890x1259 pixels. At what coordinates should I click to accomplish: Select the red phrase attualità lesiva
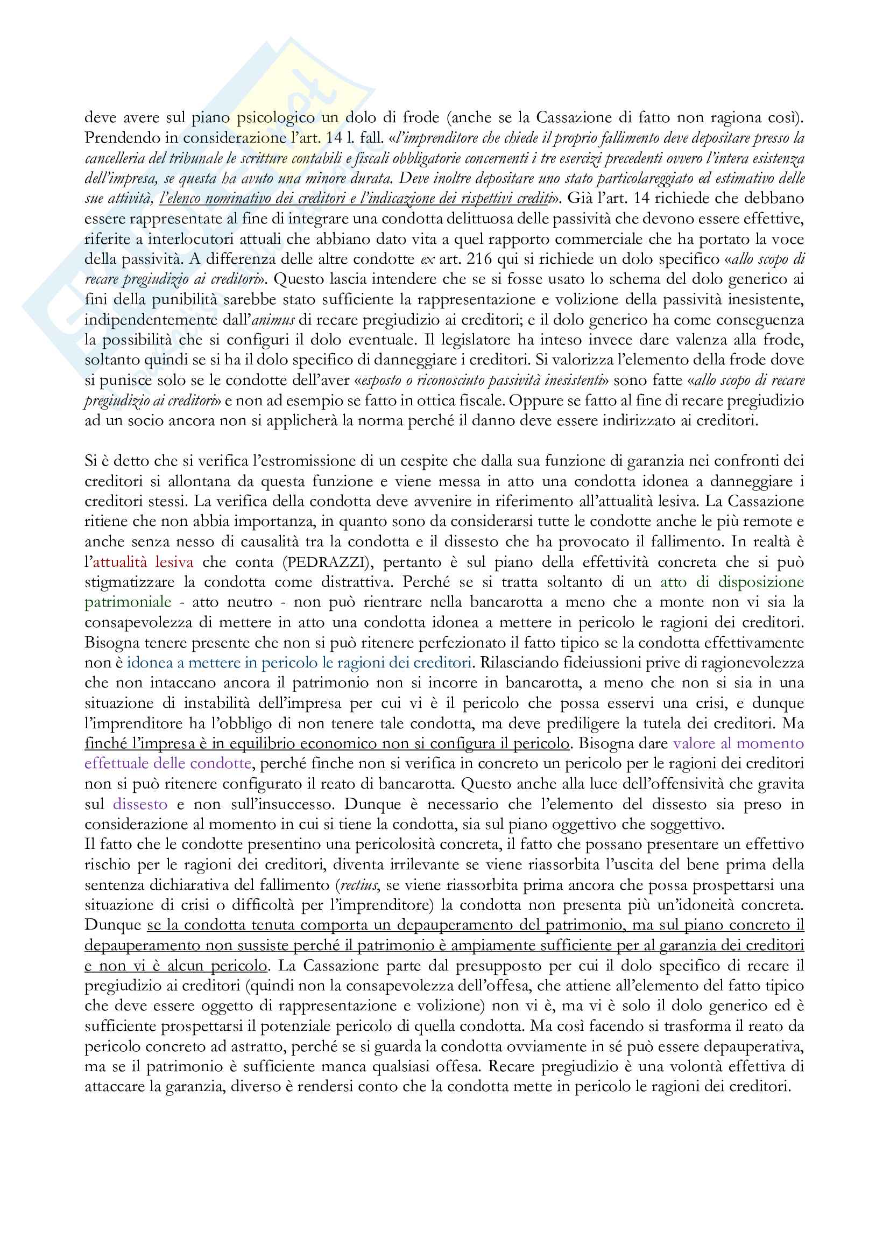pos(143,562)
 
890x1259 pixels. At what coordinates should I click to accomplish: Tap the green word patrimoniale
pos(128,603)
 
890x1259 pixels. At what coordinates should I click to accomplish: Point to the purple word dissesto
pos(140,804)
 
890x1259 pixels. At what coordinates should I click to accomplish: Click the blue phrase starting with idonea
pos(299,663)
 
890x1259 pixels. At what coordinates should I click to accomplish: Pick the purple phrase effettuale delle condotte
pos(168,764)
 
